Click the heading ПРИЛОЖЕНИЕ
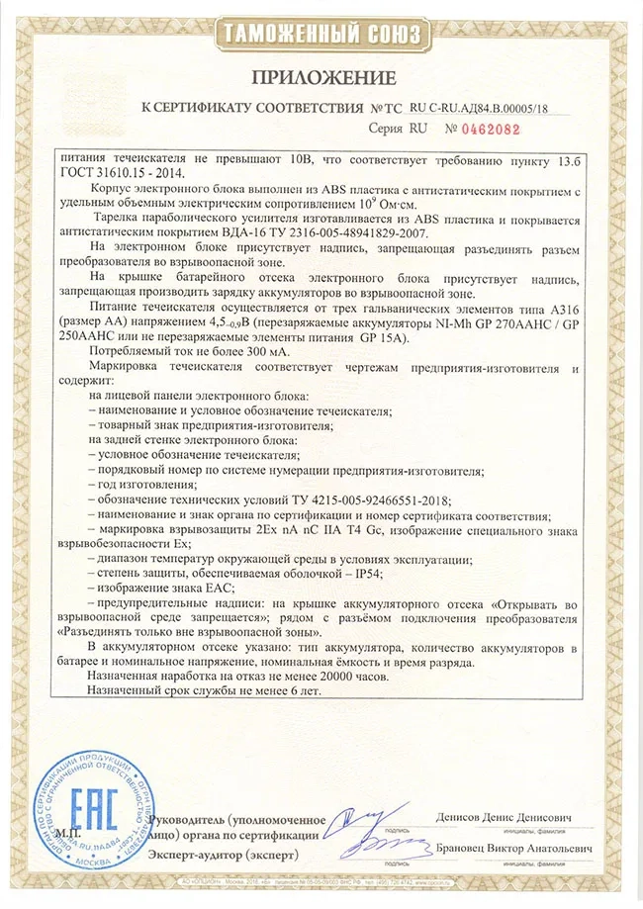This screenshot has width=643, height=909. (322, 77)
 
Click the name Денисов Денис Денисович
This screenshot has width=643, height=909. (504, 820)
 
